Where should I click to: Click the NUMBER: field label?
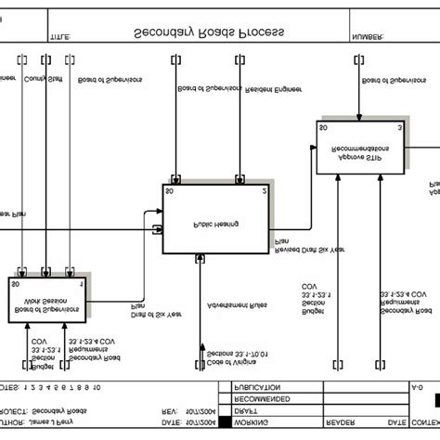[x=369, y=38]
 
